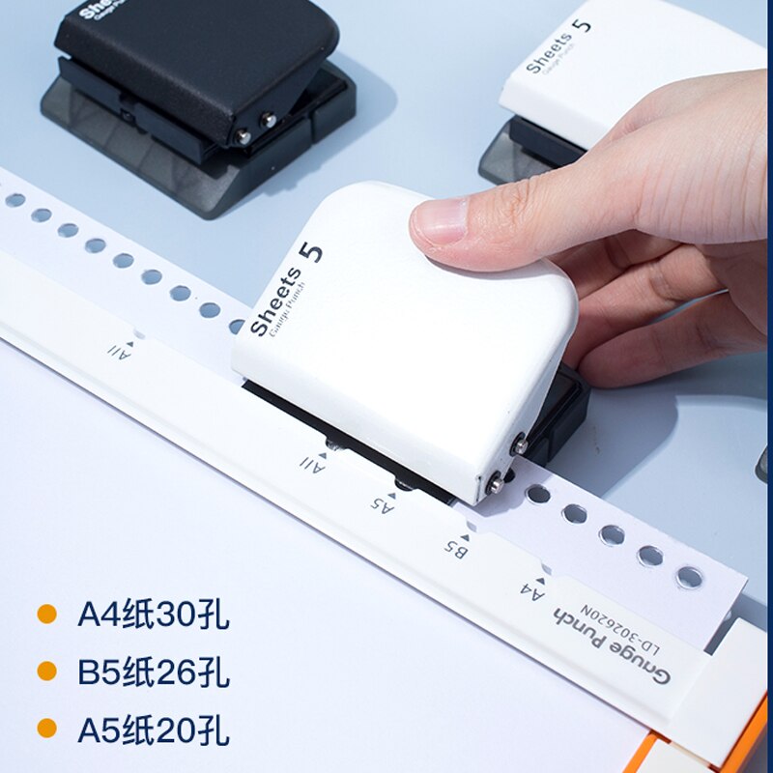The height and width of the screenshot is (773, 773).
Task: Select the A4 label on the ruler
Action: click(x=532, y=587)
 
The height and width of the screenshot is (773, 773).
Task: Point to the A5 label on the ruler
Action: click(x=384, y=501)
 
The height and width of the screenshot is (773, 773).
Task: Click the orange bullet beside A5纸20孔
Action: click(x=46, y=730)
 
